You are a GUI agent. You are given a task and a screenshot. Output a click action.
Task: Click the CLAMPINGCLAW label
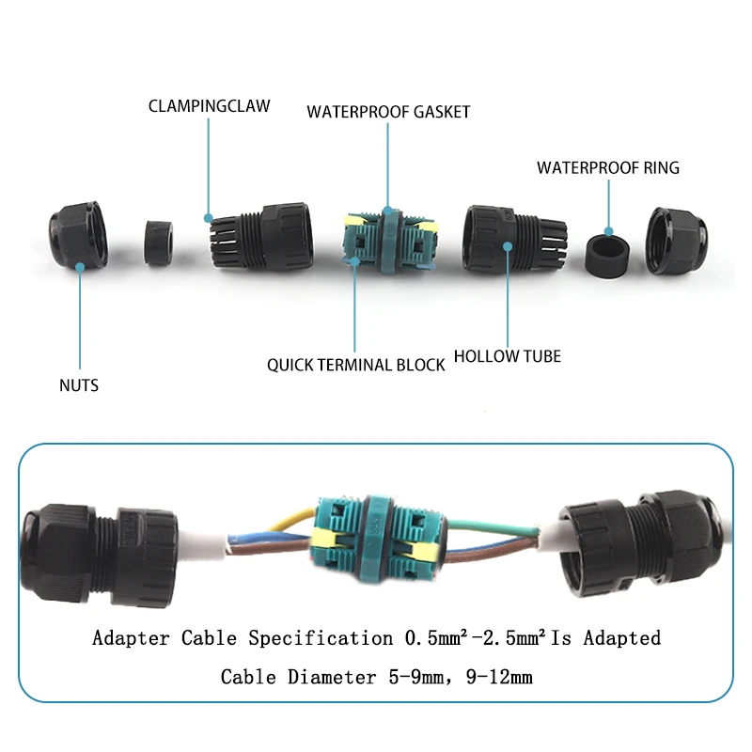(x=209, y=105)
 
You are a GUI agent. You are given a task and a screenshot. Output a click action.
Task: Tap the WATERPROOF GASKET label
(x=388, y=112)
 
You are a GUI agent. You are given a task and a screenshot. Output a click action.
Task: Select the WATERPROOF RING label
(x=607, y=168)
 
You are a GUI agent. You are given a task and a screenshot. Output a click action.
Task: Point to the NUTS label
(x=78, y=384)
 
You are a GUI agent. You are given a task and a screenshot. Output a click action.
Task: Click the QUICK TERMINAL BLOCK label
(x=355, y=365)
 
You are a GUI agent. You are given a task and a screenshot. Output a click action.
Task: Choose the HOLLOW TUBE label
(x=507, y=356)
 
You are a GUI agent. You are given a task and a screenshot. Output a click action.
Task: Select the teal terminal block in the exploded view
(x=387, y=242)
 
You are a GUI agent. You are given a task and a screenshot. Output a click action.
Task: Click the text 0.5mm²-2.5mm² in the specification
(x=474, y=638)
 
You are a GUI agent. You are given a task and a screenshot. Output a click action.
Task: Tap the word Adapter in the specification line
(x=132, y=638)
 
